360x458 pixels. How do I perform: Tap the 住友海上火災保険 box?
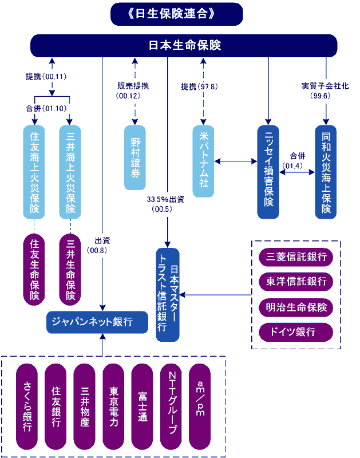(x=34, y=172)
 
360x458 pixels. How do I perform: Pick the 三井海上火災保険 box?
(x=70, y=172)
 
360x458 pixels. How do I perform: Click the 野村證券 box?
(x=136, y=157)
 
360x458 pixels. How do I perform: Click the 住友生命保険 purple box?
(x=34, y=269)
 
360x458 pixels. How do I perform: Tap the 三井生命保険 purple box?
(x=70, y=269)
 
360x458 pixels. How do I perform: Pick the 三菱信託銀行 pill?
(x=296, y=256)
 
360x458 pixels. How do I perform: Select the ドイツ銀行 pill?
(x=296, y=332)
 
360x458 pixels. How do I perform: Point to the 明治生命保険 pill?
(x=296, y=307)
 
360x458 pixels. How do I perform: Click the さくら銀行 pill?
(x=27, y=406)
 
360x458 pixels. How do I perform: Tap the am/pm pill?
(x=200, y=399)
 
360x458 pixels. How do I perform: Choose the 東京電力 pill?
(x=114, y=406)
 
